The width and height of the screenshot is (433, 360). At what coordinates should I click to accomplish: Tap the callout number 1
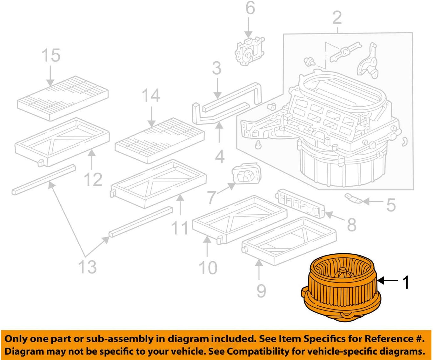point(406,282)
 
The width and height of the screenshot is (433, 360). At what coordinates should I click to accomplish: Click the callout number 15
point(51,55)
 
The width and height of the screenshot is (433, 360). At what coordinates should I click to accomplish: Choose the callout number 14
point(150,95)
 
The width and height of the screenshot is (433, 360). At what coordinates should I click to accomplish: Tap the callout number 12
point(93,179)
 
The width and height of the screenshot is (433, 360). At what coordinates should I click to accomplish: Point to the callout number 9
point(261,290)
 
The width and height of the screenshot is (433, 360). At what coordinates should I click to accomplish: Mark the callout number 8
point(351,224)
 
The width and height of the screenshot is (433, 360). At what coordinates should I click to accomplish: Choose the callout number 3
point(216,68)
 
